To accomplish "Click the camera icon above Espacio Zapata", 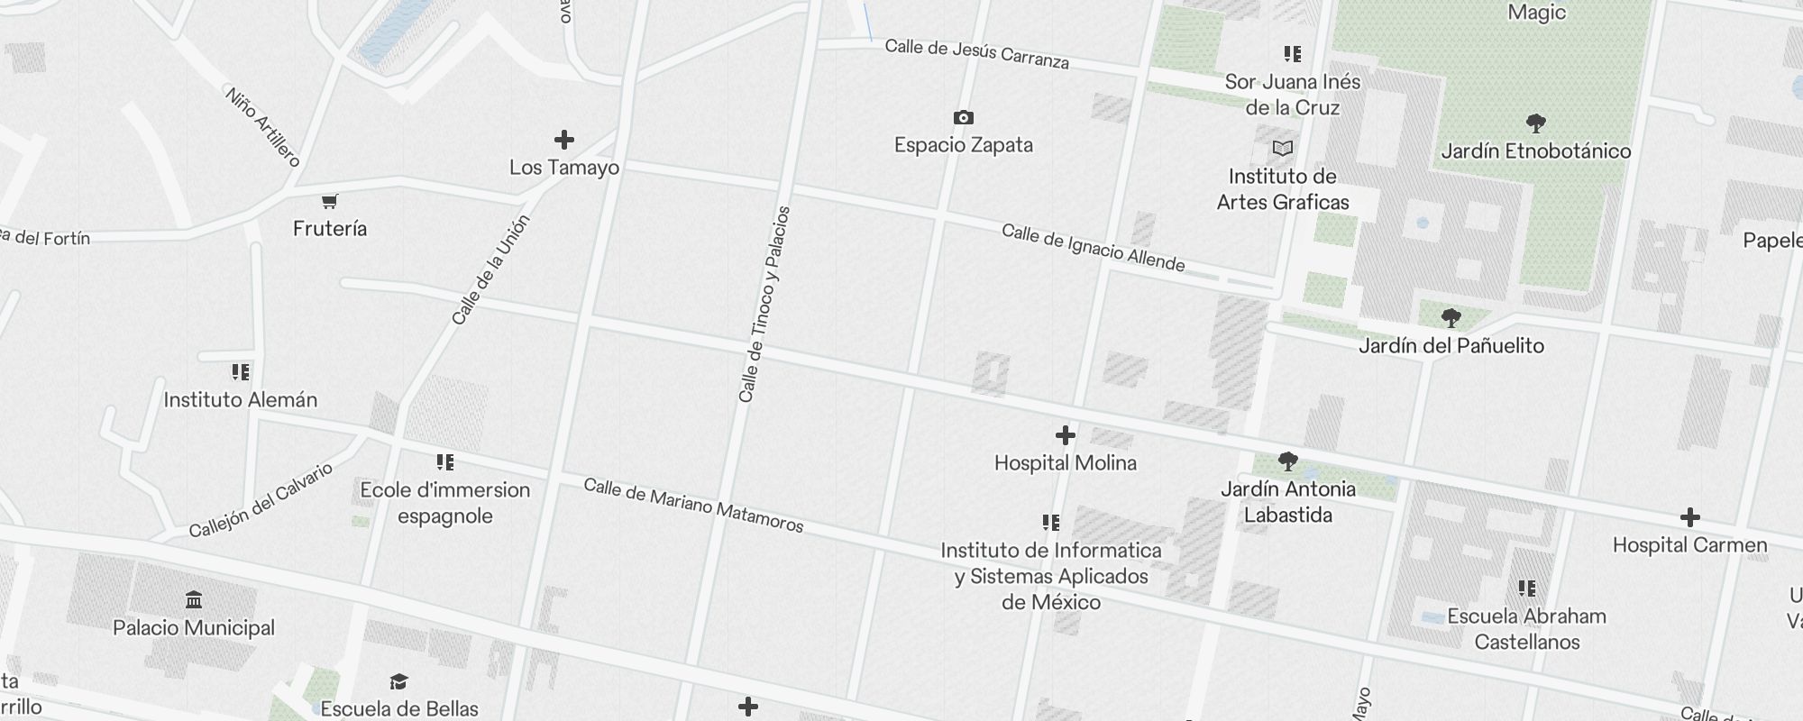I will tap(963, 118).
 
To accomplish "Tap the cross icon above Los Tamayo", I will tap(564, 140).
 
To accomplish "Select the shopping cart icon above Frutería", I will tap(330, 201).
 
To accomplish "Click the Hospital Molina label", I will tap(1065, 463).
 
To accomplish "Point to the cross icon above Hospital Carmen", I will tap(1690, 517).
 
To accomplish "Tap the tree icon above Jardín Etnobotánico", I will tap(1536, 123).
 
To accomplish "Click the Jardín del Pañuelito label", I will tap(1451, 346).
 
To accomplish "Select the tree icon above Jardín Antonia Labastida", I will tap(1288, 462).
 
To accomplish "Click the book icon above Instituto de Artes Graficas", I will tap(1283, 149).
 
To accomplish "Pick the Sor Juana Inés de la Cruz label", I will tap(1292, 95).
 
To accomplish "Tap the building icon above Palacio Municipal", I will tap(194, 600).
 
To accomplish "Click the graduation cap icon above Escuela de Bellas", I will tap(398, 681).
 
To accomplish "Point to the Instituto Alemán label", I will tap(241, 400).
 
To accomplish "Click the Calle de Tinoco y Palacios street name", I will tap(764, 305).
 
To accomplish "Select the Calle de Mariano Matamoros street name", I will tap(693, 506).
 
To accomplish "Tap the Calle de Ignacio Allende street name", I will tap(1093, 248).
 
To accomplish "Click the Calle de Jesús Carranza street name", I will tap(976, 54).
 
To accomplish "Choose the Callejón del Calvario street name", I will tap(261, 500).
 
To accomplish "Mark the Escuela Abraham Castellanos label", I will tap(1526, 629).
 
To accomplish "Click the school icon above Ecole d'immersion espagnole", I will tap(444, 463).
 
